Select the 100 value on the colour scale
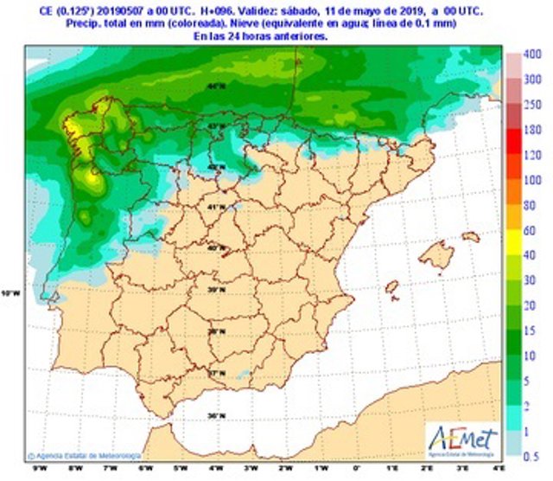coord(534,180)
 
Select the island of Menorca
coord(470,236)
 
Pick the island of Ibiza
coord(391,286)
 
